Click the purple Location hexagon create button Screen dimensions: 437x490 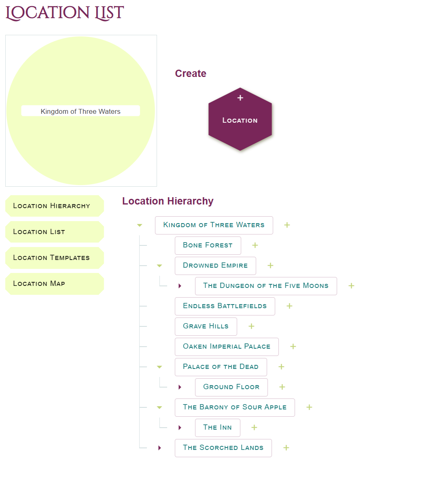(x=240, y=119)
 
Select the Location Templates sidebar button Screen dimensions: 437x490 (x=55, y=258)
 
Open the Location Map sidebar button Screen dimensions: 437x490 (x=55, y=283)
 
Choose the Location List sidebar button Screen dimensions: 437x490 (x=55, y=232)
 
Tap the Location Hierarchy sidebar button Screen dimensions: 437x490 (x=55, y=206)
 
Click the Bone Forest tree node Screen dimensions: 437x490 (x=208, y=245)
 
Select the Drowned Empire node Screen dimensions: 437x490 (x=215, y=266)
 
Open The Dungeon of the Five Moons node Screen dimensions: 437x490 (x=266, y=286)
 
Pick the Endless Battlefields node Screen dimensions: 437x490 (x=225, y=306)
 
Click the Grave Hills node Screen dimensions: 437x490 (x=206, y=326)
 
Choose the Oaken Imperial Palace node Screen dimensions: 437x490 (x=227, y=347)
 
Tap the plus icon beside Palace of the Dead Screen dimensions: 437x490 (x=281, y=367)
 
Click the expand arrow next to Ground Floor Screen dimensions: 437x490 (x=180, y=387)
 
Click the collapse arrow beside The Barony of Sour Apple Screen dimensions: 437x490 (x=159, y=407)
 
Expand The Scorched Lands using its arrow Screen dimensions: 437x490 (x=159, y=448)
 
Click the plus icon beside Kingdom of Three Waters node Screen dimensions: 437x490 (x=287, y=225)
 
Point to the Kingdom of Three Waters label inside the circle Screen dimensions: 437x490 (x=81, y=111)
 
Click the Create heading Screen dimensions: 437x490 (x=191, y=74)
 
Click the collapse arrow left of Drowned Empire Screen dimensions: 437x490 (x=159, y=266)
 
